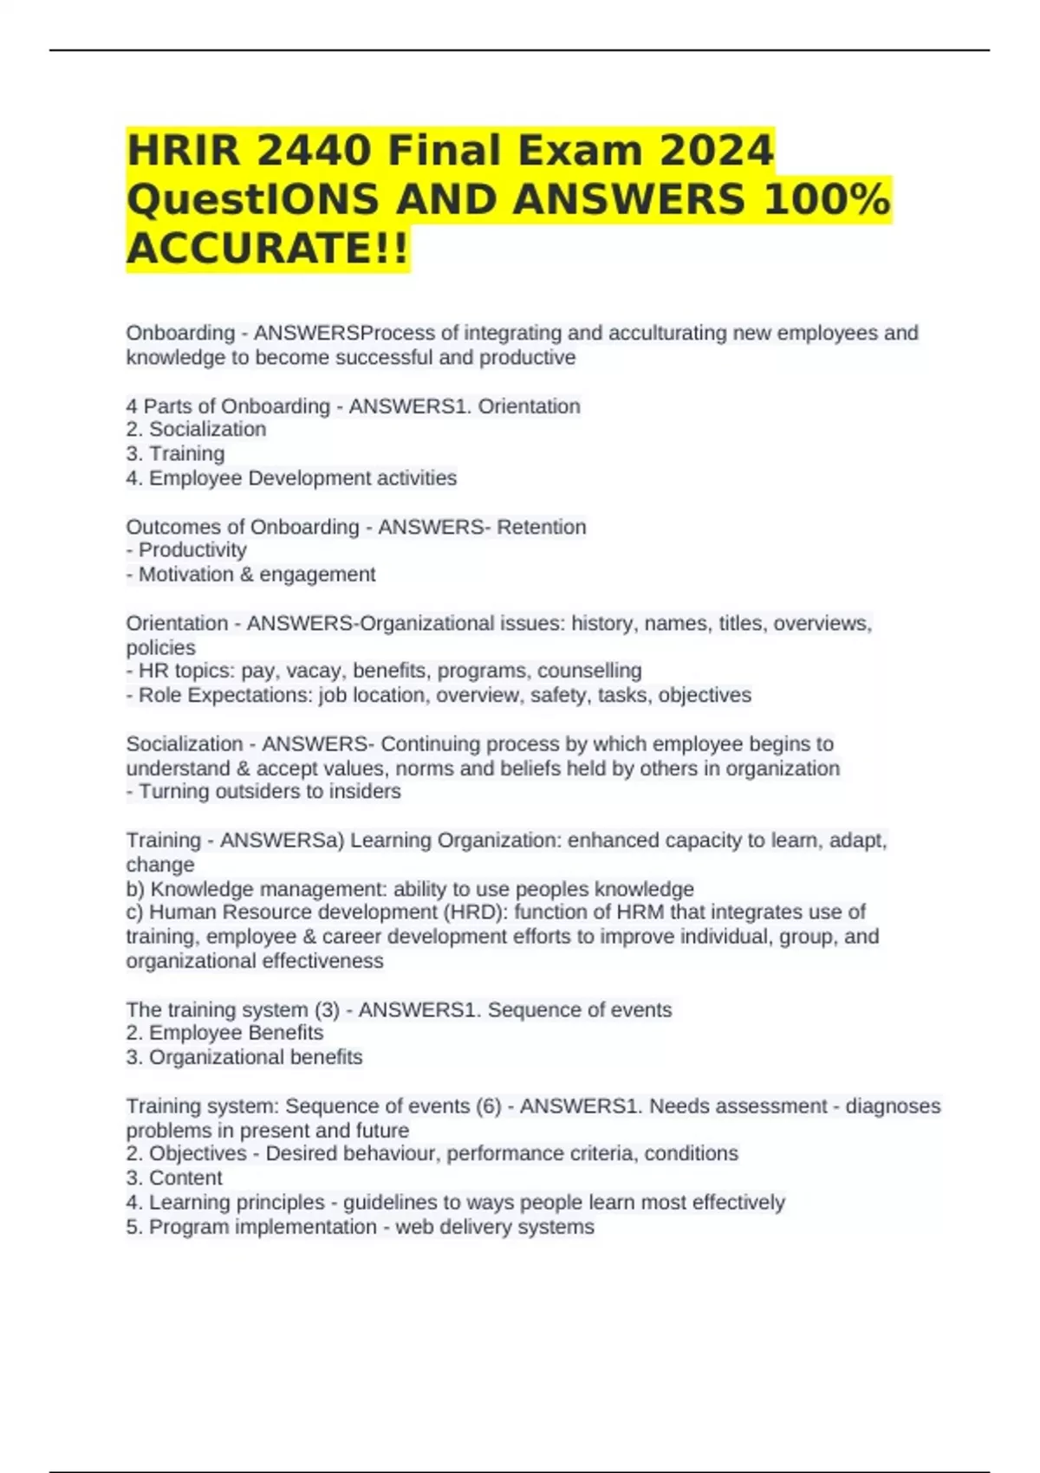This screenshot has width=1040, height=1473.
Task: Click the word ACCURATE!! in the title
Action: click(x=267, y=249)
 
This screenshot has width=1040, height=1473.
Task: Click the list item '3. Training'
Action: click(x=175, y=454)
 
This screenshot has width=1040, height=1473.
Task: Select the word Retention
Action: click(x=542, y=527)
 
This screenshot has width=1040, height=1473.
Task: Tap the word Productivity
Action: click(x=192, y=550)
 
